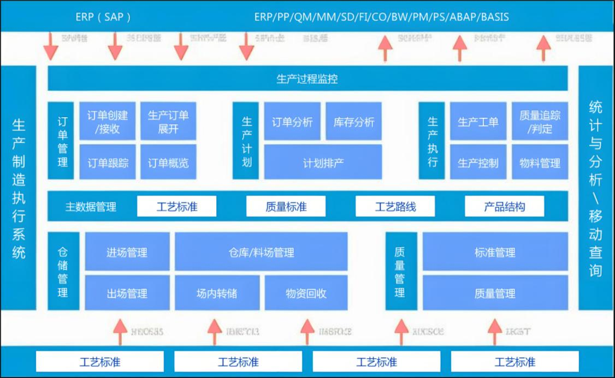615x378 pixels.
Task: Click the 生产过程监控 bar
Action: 307,79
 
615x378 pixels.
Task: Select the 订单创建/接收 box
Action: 107,122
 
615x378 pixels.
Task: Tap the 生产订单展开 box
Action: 168,122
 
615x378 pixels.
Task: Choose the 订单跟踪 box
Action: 107,163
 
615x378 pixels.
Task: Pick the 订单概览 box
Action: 168,163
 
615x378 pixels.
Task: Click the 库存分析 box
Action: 354,122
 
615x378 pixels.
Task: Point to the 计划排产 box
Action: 323,163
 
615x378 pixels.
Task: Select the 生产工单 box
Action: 478,122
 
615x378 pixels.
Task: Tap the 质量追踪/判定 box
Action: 540,122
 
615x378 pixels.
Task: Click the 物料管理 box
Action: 540,163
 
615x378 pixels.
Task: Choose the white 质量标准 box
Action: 286,207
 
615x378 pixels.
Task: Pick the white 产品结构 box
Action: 504,207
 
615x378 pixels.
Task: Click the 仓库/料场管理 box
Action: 261,253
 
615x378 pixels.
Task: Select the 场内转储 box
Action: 217,293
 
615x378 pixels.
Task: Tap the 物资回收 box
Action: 306,293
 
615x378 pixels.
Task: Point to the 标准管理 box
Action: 495,253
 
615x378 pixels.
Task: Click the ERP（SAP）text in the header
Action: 103,17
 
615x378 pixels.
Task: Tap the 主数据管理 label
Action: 91,207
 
